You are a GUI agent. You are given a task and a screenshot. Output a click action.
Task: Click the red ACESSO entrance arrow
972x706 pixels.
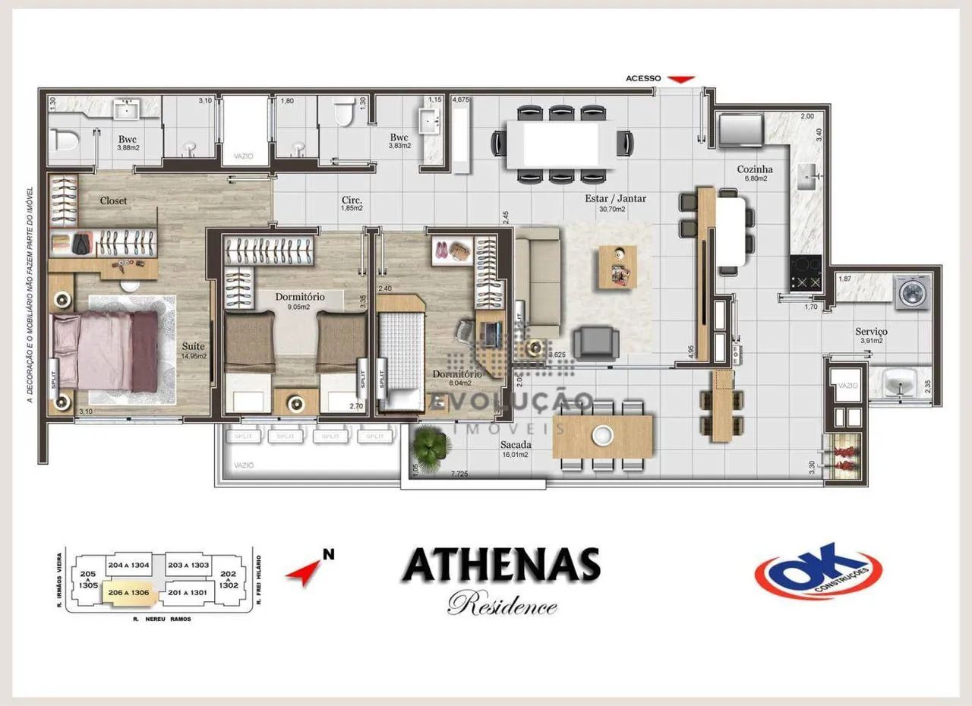coord(684,78)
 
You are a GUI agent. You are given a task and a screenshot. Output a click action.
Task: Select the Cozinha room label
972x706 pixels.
coord(755,169)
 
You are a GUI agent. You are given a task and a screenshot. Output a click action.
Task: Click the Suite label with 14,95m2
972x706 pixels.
coord(193,352)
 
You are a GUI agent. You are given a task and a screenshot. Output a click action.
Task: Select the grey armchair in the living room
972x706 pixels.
coord(596,342)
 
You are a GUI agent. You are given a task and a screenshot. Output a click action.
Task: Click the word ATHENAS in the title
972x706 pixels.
coord(501,565)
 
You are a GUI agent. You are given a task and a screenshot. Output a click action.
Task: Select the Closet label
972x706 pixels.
coord(113,201)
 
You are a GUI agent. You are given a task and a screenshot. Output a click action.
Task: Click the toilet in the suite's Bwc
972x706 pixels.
coord(65,140)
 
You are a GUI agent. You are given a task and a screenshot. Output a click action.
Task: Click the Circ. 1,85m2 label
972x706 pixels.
coord(351,203)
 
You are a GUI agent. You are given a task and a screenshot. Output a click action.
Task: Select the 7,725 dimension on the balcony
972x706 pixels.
coord(459,474)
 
